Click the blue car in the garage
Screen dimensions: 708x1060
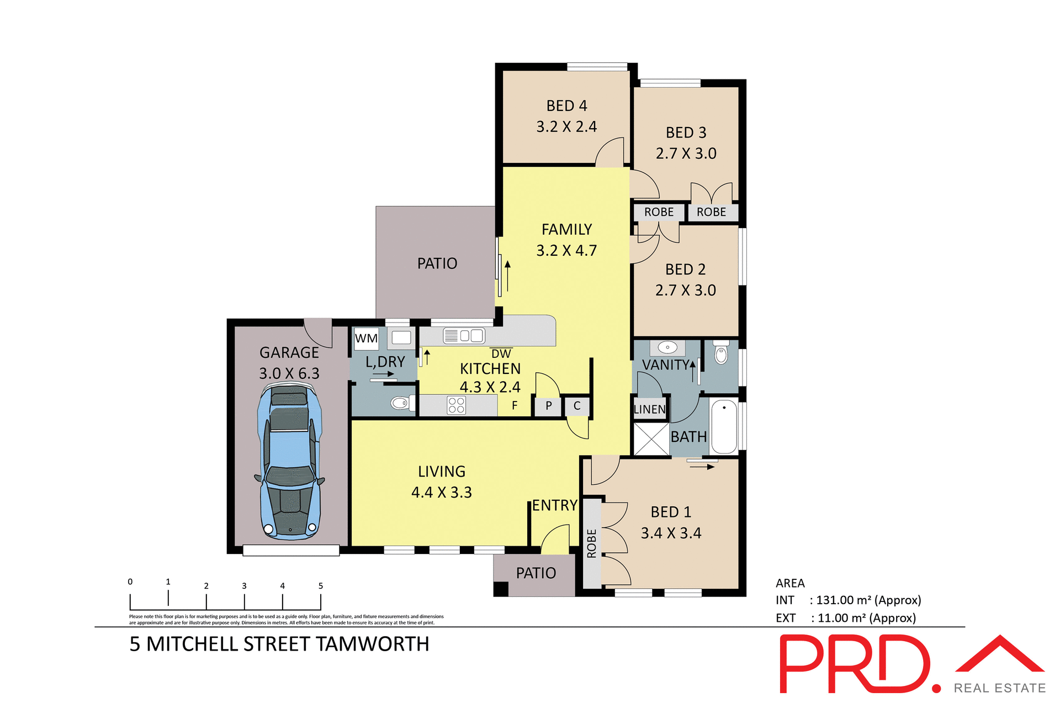(x=289, y=463)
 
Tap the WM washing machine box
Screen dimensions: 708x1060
(x=367, y=338)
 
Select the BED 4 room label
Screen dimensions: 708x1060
(x=566, y=105)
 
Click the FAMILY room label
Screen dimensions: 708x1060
(x=566, y=229)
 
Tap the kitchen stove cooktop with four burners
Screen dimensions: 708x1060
(x=457, y=405)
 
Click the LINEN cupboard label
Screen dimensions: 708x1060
(x=650, y=409)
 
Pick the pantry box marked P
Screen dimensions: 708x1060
(x=548, y=406)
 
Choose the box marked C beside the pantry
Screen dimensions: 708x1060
(x=577, y=406)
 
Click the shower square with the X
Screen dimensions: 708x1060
(x=651, y=439)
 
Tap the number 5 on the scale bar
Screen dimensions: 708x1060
(x=320, y=586)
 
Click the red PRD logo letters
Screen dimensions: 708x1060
(x=856, y=664)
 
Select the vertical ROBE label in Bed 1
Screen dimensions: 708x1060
(x=592, y=543)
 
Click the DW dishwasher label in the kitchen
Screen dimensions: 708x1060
(x=501, y=354)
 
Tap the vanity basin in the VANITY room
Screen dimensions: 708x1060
(x=667, y=347)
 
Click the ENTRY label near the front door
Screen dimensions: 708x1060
(x=554, y=505)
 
